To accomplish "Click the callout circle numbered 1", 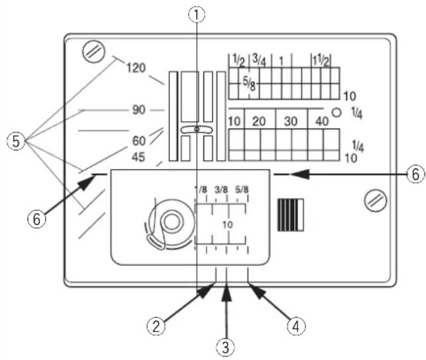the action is pyautogui.click(x=197, y=15).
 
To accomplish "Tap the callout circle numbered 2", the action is pyautogui.click(x=156, y=326).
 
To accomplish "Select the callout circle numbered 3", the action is pyautogui.click(x=225, y=347).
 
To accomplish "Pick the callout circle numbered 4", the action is pyautogui.click(x=296, y=326).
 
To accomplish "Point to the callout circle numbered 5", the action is pyautogui.click(x=16, y=142).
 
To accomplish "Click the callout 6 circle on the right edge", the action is pyautogui.click(x=415, y=174).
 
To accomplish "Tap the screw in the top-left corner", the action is pyautogui.click(x=93, y=51).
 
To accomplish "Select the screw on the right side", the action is pyautogui.click(x=375, y=200).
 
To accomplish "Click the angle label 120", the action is pyautogui.click(x=136, y=68).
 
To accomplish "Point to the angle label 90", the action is pyautogui.click(x=139, y=110).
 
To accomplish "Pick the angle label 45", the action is pyautogui.click(x=138, y=157).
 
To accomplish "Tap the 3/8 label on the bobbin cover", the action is pyautogui.click(x=221, y=190).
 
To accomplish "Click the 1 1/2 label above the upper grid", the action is pyautogui.click(x=321, y=60).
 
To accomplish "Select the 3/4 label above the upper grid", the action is pyautogui.click(x=259, y=60).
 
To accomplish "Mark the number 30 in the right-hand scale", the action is pyautogui.click(x=290, y=121).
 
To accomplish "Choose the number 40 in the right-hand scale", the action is pyautogui.click(x=322, y=121).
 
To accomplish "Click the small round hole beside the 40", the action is pyautogui.click(x=337, y=113).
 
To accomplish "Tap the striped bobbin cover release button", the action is pyautogui.click(x=290, y=215).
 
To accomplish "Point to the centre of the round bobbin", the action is pyautogui.click(x=171, y=222).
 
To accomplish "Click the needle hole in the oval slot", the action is pyautogui.click(x=197, y=129).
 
